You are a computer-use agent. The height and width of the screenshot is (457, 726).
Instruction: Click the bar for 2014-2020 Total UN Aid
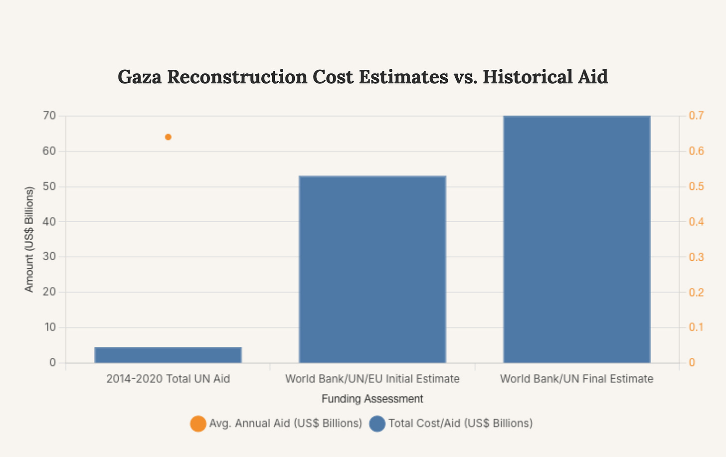pos(168,355)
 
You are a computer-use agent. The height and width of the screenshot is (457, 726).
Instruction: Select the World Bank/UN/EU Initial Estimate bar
pos(372,269)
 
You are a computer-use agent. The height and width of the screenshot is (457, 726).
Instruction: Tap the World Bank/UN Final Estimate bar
pos(576,239)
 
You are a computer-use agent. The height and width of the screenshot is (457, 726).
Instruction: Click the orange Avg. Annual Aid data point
pos(168,137)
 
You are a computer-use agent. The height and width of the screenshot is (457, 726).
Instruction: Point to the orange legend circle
pos(198,424)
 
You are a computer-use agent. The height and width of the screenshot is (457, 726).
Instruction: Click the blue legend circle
pos(377,424)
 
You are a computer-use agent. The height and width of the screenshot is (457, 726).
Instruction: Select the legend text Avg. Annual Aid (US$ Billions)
pos(285,424)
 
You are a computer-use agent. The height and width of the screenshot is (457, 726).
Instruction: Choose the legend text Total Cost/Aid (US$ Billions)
pos(460,424)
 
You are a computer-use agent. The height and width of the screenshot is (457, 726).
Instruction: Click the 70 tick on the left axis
pos(49,116)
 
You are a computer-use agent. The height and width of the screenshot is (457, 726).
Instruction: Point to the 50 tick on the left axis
pos(49,186)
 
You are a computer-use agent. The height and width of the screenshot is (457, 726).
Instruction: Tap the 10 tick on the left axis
pos(49,327)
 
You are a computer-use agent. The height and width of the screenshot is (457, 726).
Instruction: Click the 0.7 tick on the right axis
pos(696,116)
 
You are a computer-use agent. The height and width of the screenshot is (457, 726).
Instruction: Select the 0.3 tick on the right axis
pos(696,257)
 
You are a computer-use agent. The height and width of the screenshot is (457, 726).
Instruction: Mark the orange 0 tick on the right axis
pos(692,363)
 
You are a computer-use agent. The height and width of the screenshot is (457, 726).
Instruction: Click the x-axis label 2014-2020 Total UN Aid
pos(168,379)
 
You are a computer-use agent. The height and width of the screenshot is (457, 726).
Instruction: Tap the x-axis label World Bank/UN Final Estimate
pos(576,379)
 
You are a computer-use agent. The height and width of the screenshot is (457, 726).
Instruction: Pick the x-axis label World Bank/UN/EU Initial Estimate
pos(372,379)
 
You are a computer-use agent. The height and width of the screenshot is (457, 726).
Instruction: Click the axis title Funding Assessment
pos(372,399)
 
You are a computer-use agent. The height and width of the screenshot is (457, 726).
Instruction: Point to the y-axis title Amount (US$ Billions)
pos(29,239)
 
